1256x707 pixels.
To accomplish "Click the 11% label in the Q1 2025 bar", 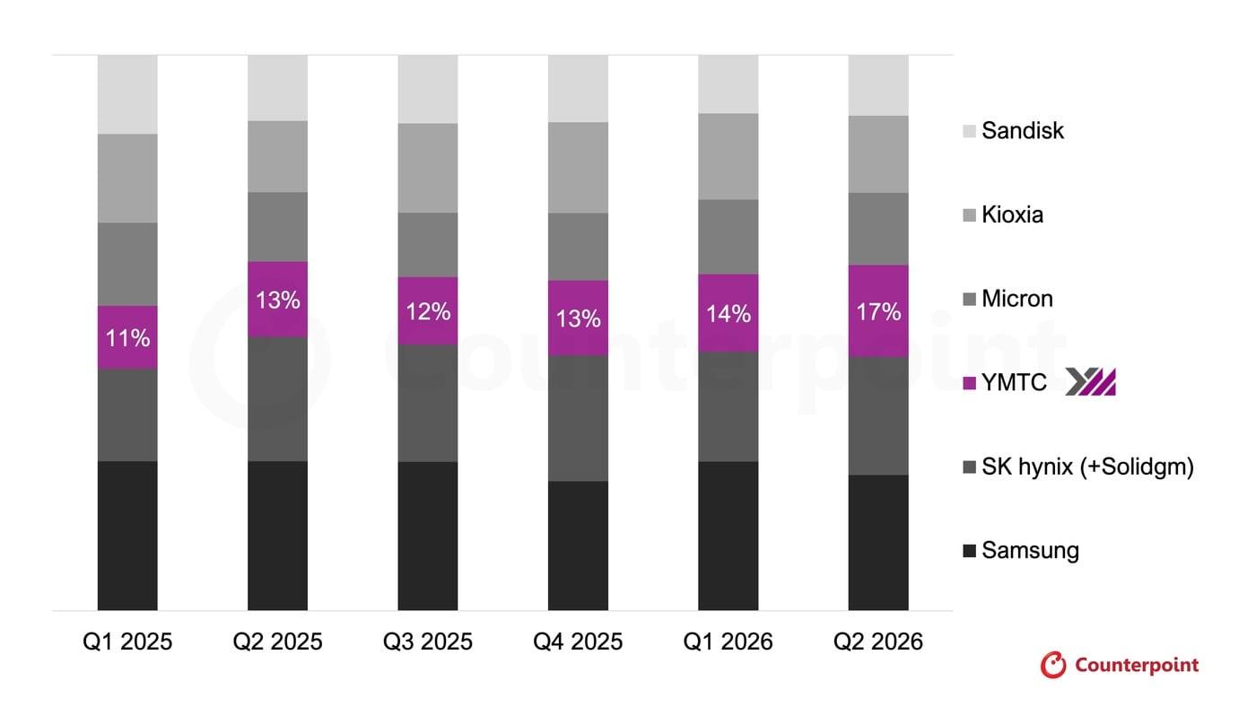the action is click(x=127, y=338).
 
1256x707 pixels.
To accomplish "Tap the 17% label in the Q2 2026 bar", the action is click(x=878, y=311).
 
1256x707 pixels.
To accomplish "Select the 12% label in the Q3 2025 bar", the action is click(x=428, y=311).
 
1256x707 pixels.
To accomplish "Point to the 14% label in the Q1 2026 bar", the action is click(x=728, y=314).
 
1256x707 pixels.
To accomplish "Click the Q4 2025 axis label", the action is click(x=578, y=642).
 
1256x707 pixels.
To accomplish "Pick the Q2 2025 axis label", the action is click(x=277, y=642).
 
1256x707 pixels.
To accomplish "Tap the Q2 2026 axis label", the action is click(x=878, y=642).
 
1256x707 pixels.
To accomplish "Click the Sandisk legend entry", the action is click(x=1013, y=131).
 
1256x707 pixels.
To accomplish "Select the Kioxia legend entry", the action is click(x=1003, y=214).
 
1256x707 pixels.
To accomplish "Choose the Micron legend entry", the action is click(x=1007, y=299).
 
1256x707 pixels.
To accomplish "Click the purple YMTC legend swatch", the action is click(x=970, y=383).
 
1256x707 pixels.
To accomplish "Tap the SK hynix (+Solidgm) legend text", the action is click(x=1087, y=467).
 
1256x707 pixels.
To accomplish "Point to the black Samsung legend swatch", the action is click(x=970, y=551).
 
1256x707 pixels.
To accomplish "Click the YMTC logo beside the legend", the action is click(x=1091, y=382).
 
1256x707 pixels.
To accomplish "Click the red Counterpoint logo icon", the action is click(x=1053, y=665).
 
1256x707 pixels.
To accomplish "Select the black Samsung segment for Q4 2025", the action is click(x=578, y=546).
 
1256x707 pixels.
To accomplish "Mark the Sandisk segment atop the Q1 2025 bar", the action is click(x=127, y=95).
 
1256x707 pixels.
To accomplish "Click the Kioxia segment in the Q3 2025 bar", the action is click(x=428, y=168).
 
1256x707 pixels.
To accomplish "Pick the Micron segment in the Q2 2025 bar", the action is click(x=277, y=227).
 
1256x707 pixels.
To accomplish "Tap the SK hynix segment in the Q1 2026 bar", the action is click(x=728, y=407).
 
